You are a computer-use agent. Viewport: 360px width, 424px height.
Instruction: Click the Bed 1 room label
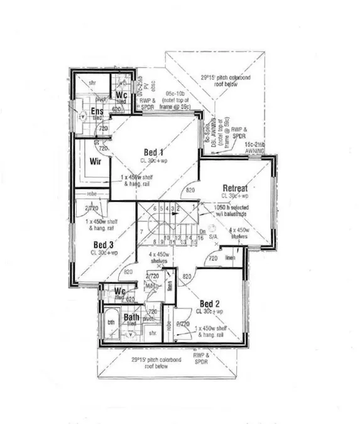pyautogui.click(x=154, y=153)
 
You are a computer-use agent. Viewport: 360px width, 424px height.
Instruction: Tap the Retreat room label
pyautogui.click(x=235, y=188)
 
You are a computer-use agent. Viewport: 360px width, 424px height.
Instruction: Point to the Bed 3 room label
pyautogui.click(x=104, y=244)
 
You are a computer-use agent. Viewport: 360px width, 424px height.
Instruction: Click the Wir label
pyautogui.click(x=96, y=161)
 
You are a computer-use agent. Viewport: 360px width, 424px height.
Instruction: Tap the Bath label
pyautogui.click(x=131, y=317)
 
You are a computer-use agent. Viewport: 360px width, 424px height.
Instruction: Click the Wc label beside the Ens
pyautogui.click(x=122, y=95)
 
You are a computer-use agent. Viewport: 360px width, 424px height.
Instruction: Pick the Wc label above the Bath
pyautogui.click(x=120, y=291)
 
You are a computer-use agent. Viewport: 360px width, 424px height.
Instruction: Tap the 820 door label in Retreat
pyautogui.click(x=190, y=189)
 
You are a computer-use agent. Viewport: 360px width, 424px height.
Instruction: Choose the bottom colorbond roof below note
pyautogui.click(x=150, y=363)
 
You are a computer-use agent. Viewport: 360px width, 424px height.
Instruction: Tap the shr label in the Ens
pyautogui.click(x=92, y=82)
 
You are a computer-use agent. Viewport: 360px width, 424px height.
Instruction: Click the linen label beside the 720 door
pyautogui.click(x=231, y=257)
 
